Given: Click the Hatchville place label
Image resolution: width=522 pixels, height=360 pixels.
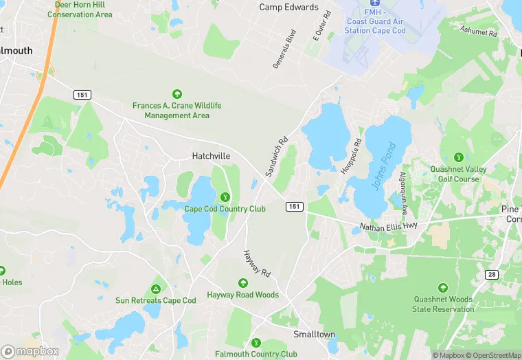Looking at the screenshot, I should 210,157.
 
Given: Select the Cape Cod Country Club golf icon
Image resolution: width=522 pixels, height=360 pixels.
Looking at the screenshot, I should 225,198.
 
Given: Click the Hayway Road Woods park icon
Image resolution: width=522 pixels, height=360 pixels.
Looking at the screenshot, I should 242,283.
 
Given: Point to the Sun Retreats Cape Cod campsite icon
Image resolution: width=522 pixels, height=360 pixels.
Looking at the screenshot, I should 156,289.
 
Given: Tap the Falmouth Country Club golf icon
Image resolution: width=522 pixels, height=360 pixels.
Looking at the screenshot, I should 256,342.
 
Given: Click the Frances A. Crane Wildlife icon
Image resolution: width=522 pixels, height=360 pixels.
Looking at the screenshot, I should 177,94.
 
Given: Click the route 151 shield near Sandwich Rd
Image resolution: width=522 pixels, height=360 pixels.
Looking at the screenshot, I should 294,207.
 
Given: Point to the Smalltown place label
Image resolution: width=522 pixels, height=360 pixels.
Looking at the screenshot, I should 314,335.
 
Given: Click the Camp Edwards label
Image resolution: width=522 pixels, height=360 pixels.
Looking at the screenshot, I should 288,8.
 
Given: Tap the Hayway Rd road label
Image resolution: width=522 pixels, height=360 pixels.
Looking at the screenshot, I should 257,264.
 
